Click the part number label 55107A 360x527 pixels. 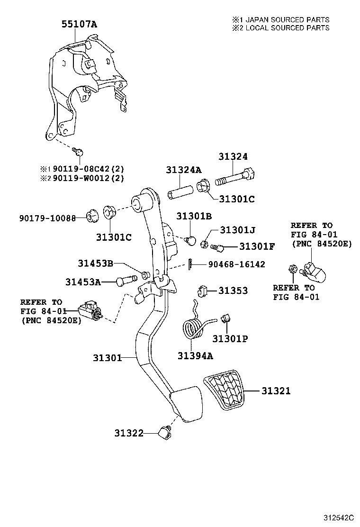click(x=79, y=25)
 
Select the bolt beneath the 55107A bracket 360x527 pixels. click(x=80, y=152)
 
